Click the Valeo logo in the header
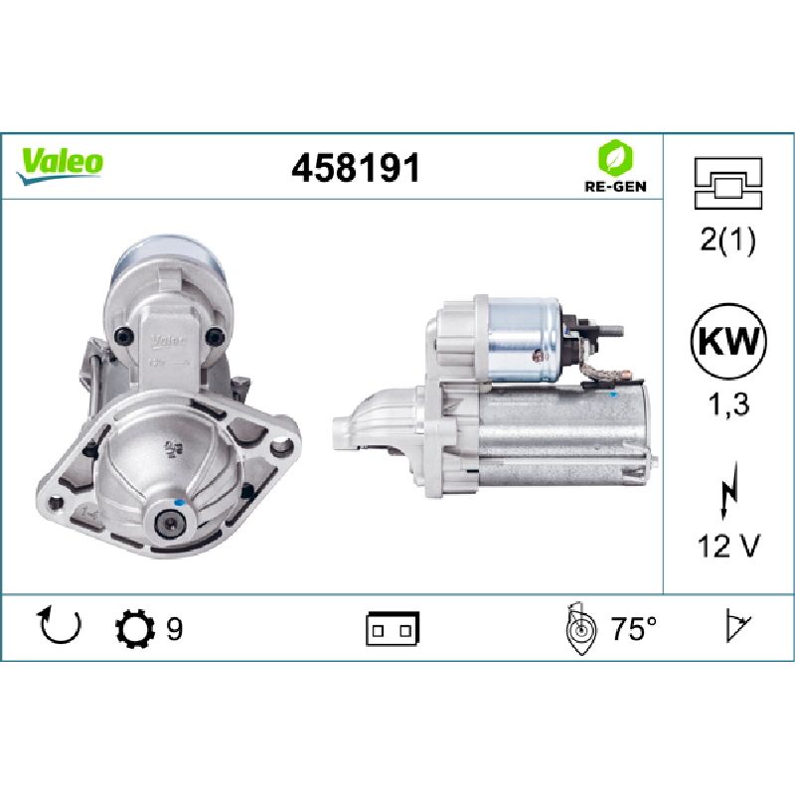[60, 166]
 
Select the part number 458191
[356, 168]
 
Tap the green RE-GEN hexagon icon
[615, 157]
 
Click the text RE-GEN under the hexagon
[615, 187]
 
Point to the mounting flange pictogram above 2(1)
[728, 183]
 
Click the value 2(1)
[727, 239]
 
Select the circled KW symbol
[728, 341]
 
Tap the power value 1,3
[728, 404]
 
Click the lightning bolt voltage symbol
[728, 490]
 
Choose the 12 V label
[728, 546]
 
